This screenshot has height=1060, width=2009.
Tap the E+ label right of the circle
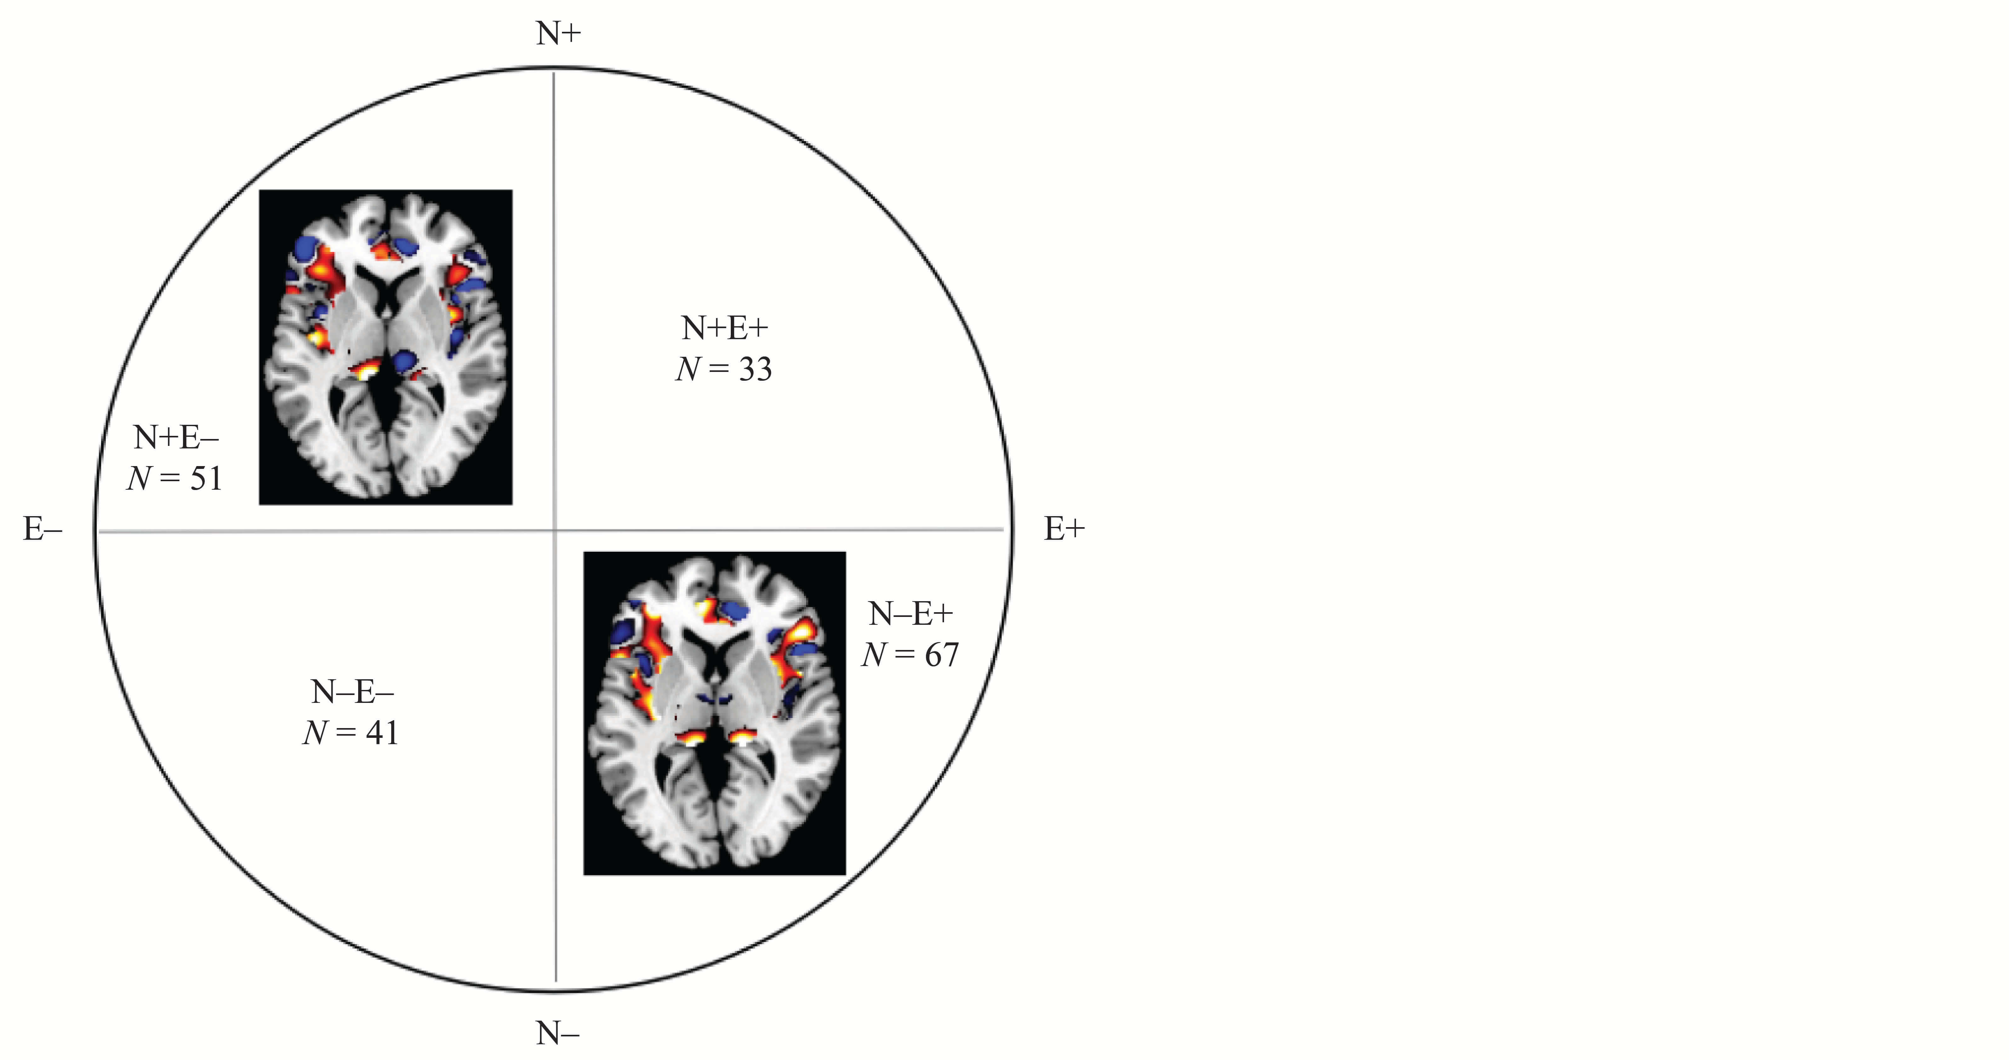(x=1065, y=530)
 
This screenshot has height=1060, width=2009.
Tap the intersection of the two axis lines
(x=554, y=530)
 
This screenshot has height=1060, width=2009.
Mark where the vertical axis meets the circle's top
(x=554, y=70)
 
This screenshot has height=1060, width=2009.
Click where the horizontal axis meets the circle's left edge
(x=96, y=531)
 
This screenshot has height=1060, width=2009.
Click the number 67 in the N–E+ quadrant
(x=942, y=654)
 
